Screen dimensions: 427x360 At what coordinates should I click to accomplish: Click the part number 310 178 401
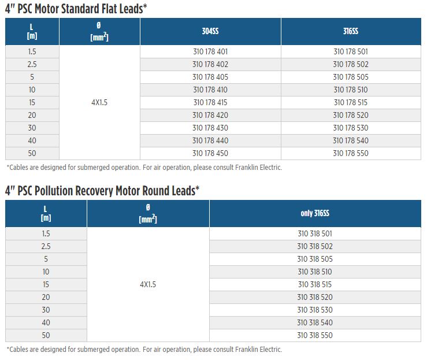tap(210, 51)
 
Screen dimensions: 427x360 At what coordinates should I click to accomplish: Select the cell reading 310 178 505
tap(351, 77)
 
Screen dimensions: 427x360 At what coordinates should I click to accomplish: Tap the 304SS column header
tap(210, 31)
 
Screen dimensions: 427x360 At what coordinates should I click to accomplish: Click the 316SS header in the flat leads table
tap(351, 31)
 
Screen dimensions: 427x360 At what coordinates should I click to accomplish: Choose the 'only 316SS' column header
tap(315, 213)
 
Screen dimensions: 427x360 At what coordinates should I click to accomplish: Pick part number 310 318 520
tap(315, 297)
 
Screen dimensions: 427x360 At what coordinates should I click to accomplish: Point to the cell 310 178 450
tap(210, 153)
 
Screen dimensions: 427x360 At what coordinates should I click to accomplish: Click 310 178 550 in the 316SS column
tap(351, 153)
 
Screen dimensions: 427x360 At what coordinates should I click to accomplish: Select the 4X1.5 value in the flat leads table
tap(99, 102)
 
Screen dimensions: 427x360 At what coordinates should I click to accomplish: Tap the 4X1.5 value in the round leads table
tap(148, 284)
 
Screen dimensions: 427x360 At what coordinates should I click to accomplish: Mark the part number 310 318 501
tap(315, 233)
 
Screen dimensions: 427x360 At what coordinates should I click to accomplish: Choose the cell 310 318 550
tap(315, 335)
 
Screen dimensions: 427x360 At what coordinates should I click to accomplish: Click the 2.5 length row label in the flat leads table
tap(32, 64)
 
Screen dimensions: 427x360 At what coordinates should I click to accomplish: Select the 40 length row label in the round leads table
tap(46, 322)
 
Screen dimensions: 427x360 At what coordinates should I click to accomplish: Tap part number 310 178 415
tap(210, 102)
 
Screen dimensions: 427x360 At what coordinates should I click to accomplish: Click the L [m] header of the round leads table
tap(46, 213)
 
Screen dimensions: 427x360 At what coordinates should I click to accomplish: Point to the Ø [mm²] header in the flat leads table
tap(99, 31)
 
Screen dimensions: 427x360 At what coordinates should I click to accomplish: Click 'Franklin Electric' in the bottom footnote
tap(258, 350)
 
